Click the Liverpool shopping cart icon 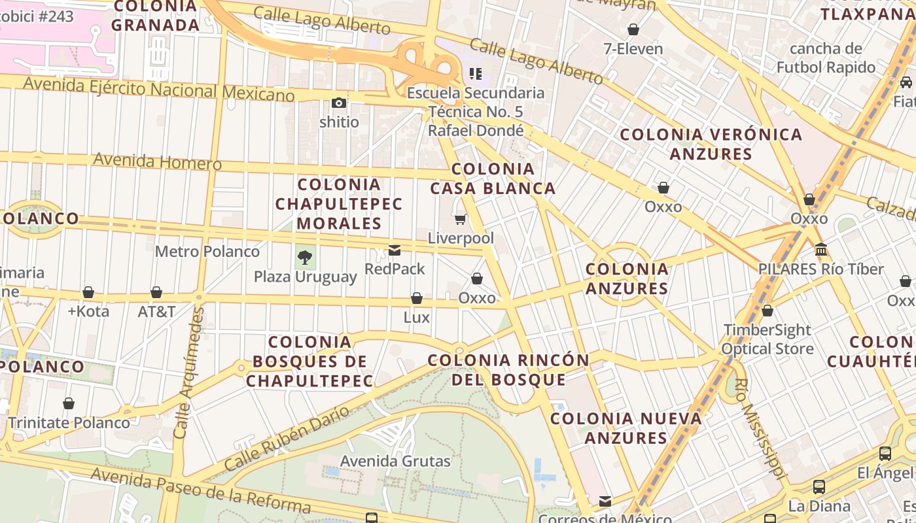click(460, 220)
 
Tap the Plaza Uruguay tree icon click(305, 258)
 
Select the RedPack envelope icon click(395, 250)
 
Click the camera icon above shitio click(338, 103)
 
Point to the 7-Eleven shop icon click(633, 29)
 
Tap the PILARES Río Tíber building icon click(820, 250)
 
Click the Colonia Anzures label click(627, 278)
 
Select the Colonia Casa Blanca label click(493, 178)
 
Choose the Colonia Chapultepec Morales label click(338, 204)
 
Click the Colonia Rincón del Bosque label click(508, 369)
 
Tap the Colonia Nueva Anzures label click(626, 428)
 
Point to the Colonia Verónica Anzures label click(711, 144)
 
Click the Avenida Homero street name click(157, 161)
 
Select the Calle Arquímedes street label click(188, 373)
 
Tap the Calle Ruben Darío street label click(288, 439)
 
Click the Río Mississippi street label click(759, 428)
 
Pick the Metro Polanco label click(207, 251)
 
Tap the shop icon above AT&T click(156, 292)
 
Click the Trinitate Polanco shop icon click(69, 403)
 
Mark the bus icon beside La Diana click(819, 487)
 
